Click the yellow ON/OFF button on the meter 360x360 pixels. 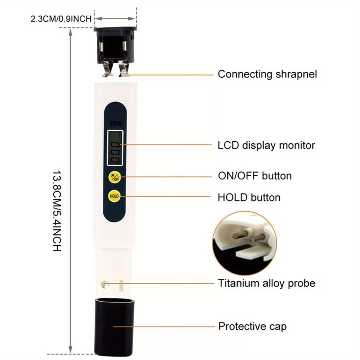tap(114, 177)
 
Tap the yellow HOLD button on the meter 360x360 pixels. tap(114, 196)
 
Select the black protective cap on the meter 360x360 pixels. tap(114, 325)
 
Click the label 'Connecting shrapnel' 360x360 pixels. tap(267, 74)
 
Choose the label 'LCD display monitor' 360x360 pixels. tap(266, 145)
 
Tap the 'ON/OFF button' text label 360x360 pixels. tap(255, 175)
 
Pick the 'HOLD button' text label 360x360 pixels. tap(249, 197)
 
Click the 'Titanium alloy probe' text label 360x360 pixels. tap(266, 283)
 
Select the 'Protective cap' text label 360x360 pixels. tap(252, 326)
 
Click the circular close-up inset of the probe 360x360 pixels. tap(245, 243)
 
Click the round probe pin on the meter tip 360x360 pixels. tap(104, 284)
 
